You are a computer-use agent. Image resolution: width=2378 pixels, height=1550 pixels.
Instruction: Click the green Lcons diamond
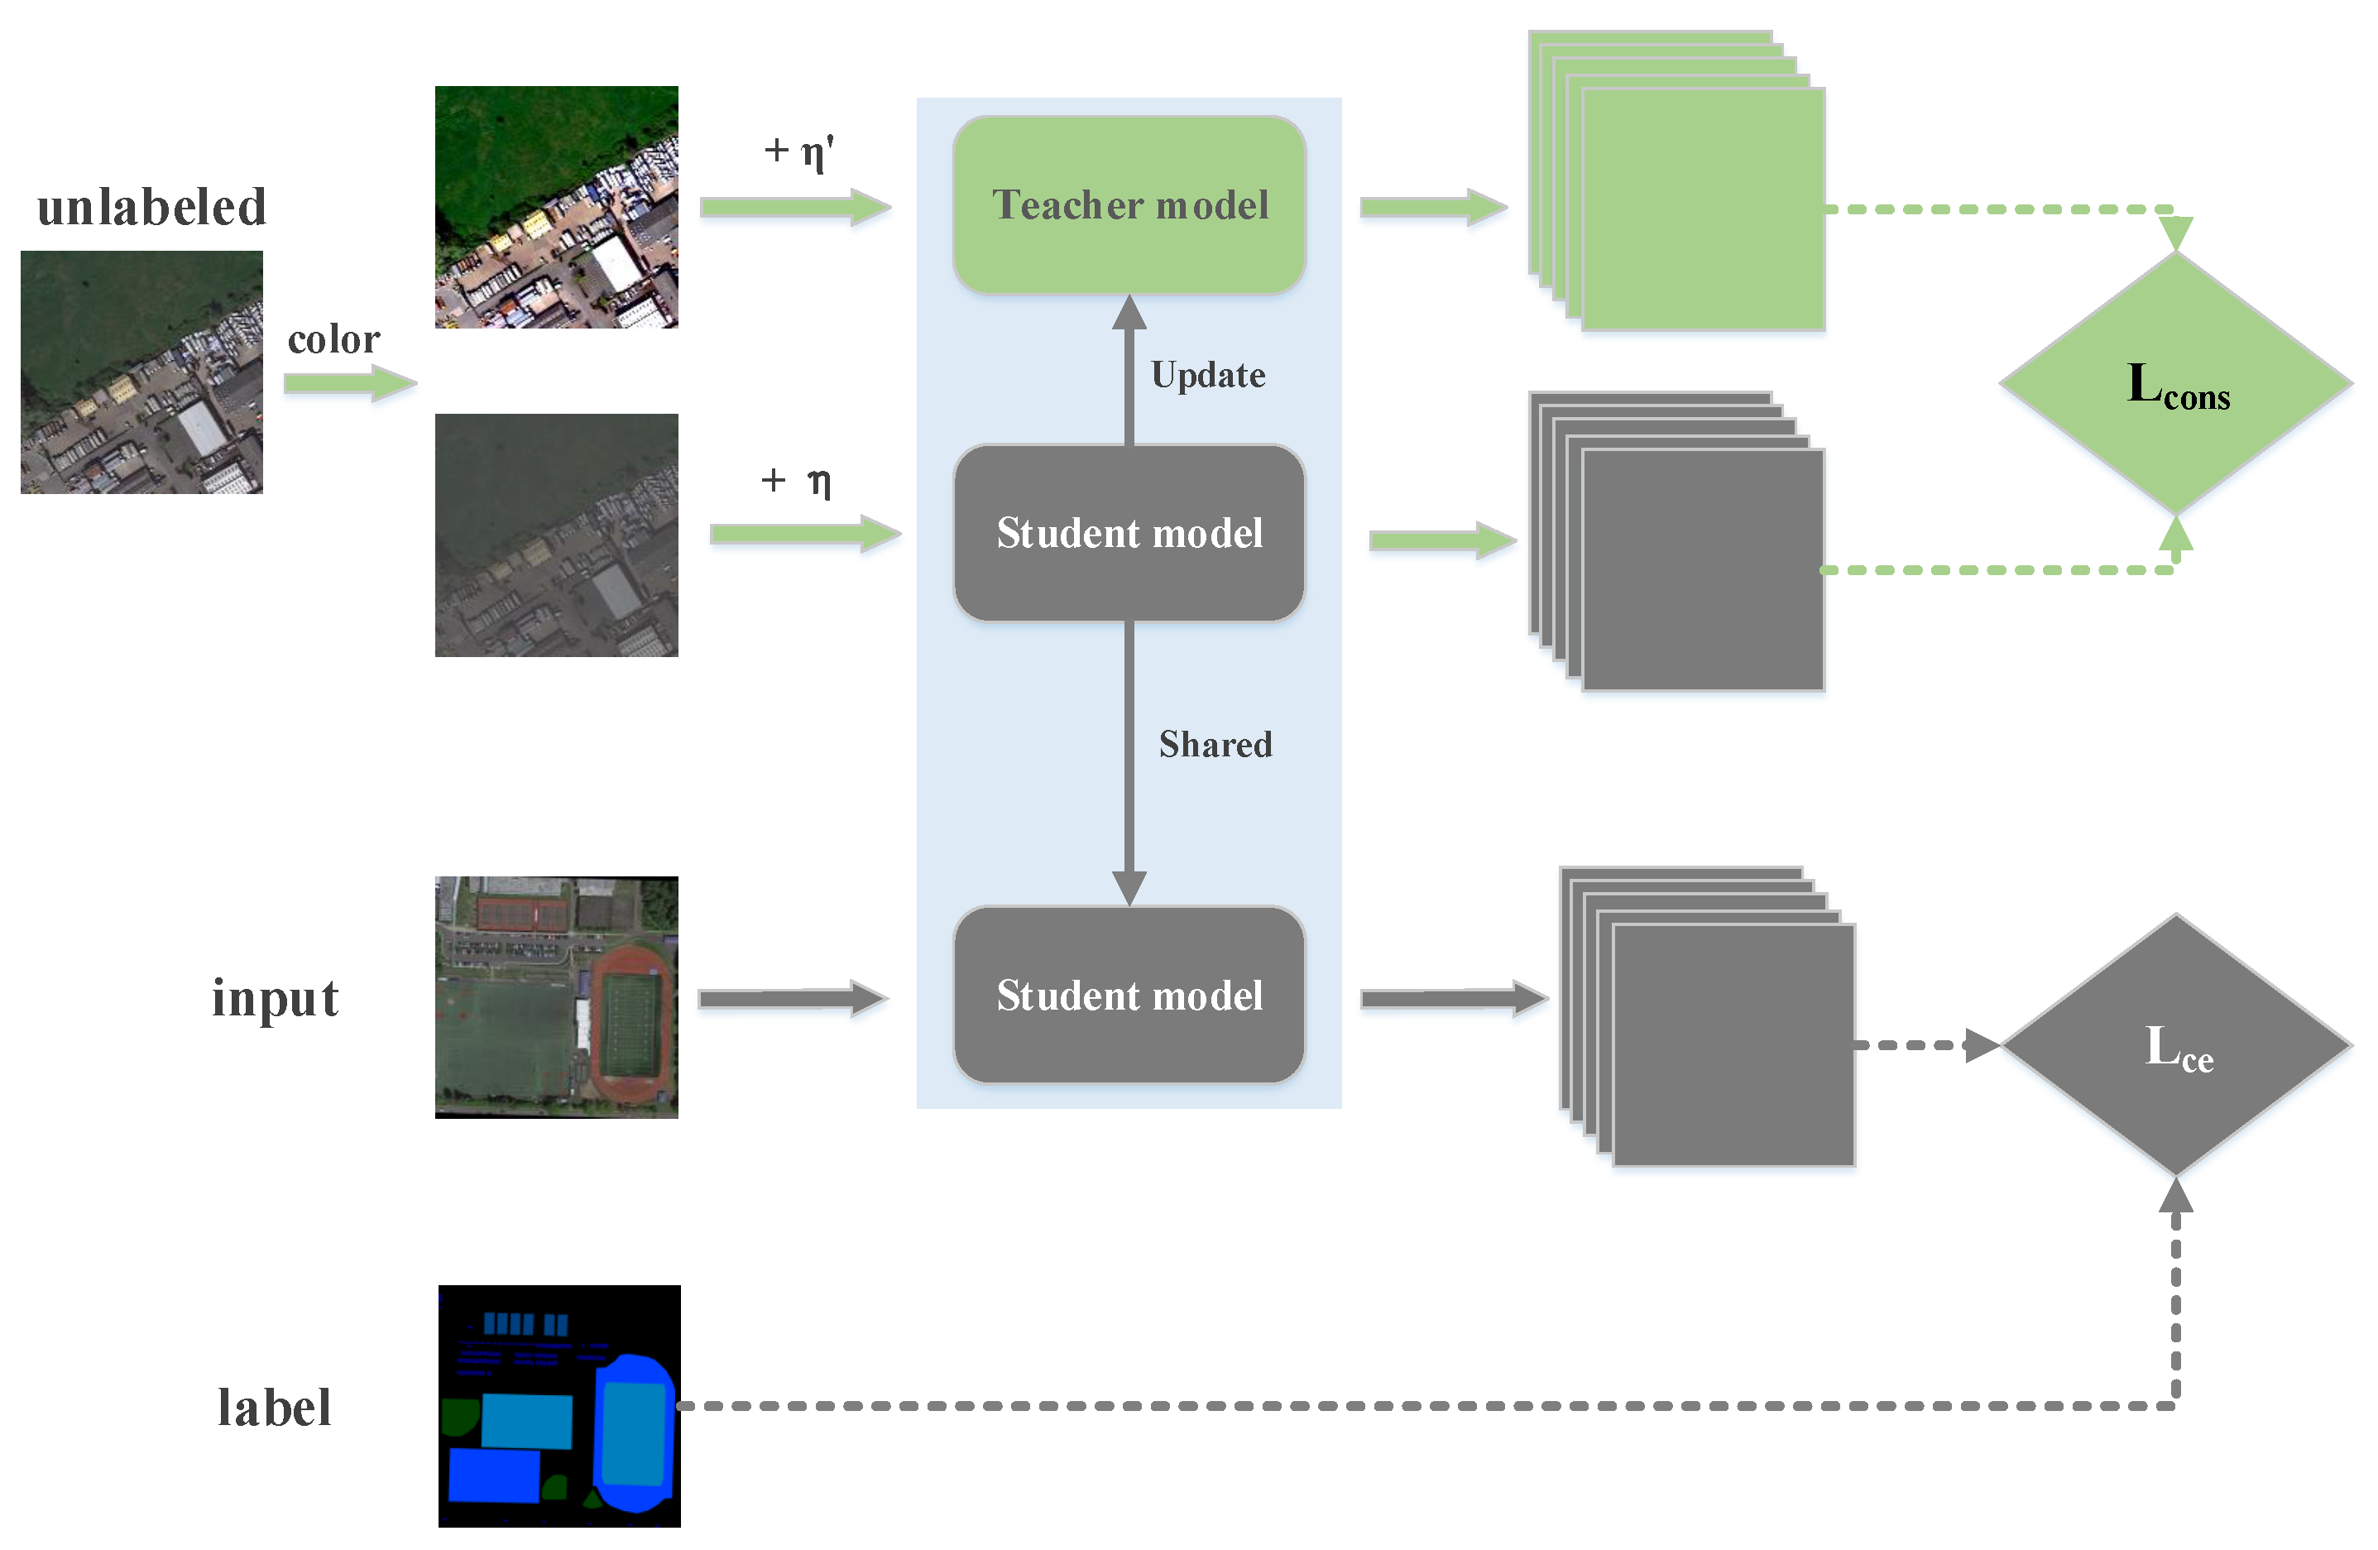tap(2175, 384)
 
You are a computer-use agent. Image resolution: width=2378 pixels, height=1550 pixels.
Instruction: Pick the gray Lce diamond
tap(2175, 1045)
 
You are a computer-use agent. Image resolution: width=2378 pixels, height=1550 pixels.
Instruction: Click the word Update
tap(1207, 375)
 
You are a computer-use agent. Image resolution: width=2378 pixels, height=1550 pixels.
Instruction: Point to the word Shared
tap(1214, 745)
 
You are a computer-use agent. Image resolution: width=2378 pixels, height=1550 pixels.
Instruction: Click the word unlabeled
tap(152, 208)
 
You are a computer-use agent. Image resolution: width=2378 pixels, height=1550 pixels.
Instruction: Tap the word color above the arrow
tap(333, 340)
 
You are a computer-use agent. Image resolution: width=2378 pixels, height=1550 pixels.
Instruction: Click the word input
tap(275, 998)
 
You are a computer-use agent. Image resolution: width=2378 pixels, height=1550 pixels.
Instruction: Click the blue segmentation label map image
tap(559, 1405)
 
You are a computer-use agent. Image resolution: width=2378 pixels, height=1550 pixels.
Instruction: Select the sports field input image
tap(557, 996)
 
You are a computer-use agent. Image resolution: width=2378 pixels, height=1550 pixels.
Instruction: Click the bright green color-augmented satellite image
tap(557, 207)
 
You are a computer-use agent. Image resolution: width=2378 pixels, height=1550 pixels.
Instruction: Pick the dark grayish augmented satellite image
tap(557, 535)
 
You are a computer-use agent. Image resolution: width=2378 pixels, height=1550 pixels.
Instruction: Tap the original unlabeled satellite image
tap(141, 372)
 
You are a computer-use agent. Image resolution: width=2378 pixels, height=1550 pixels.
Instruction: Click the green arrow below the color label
tap(348, 383)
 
